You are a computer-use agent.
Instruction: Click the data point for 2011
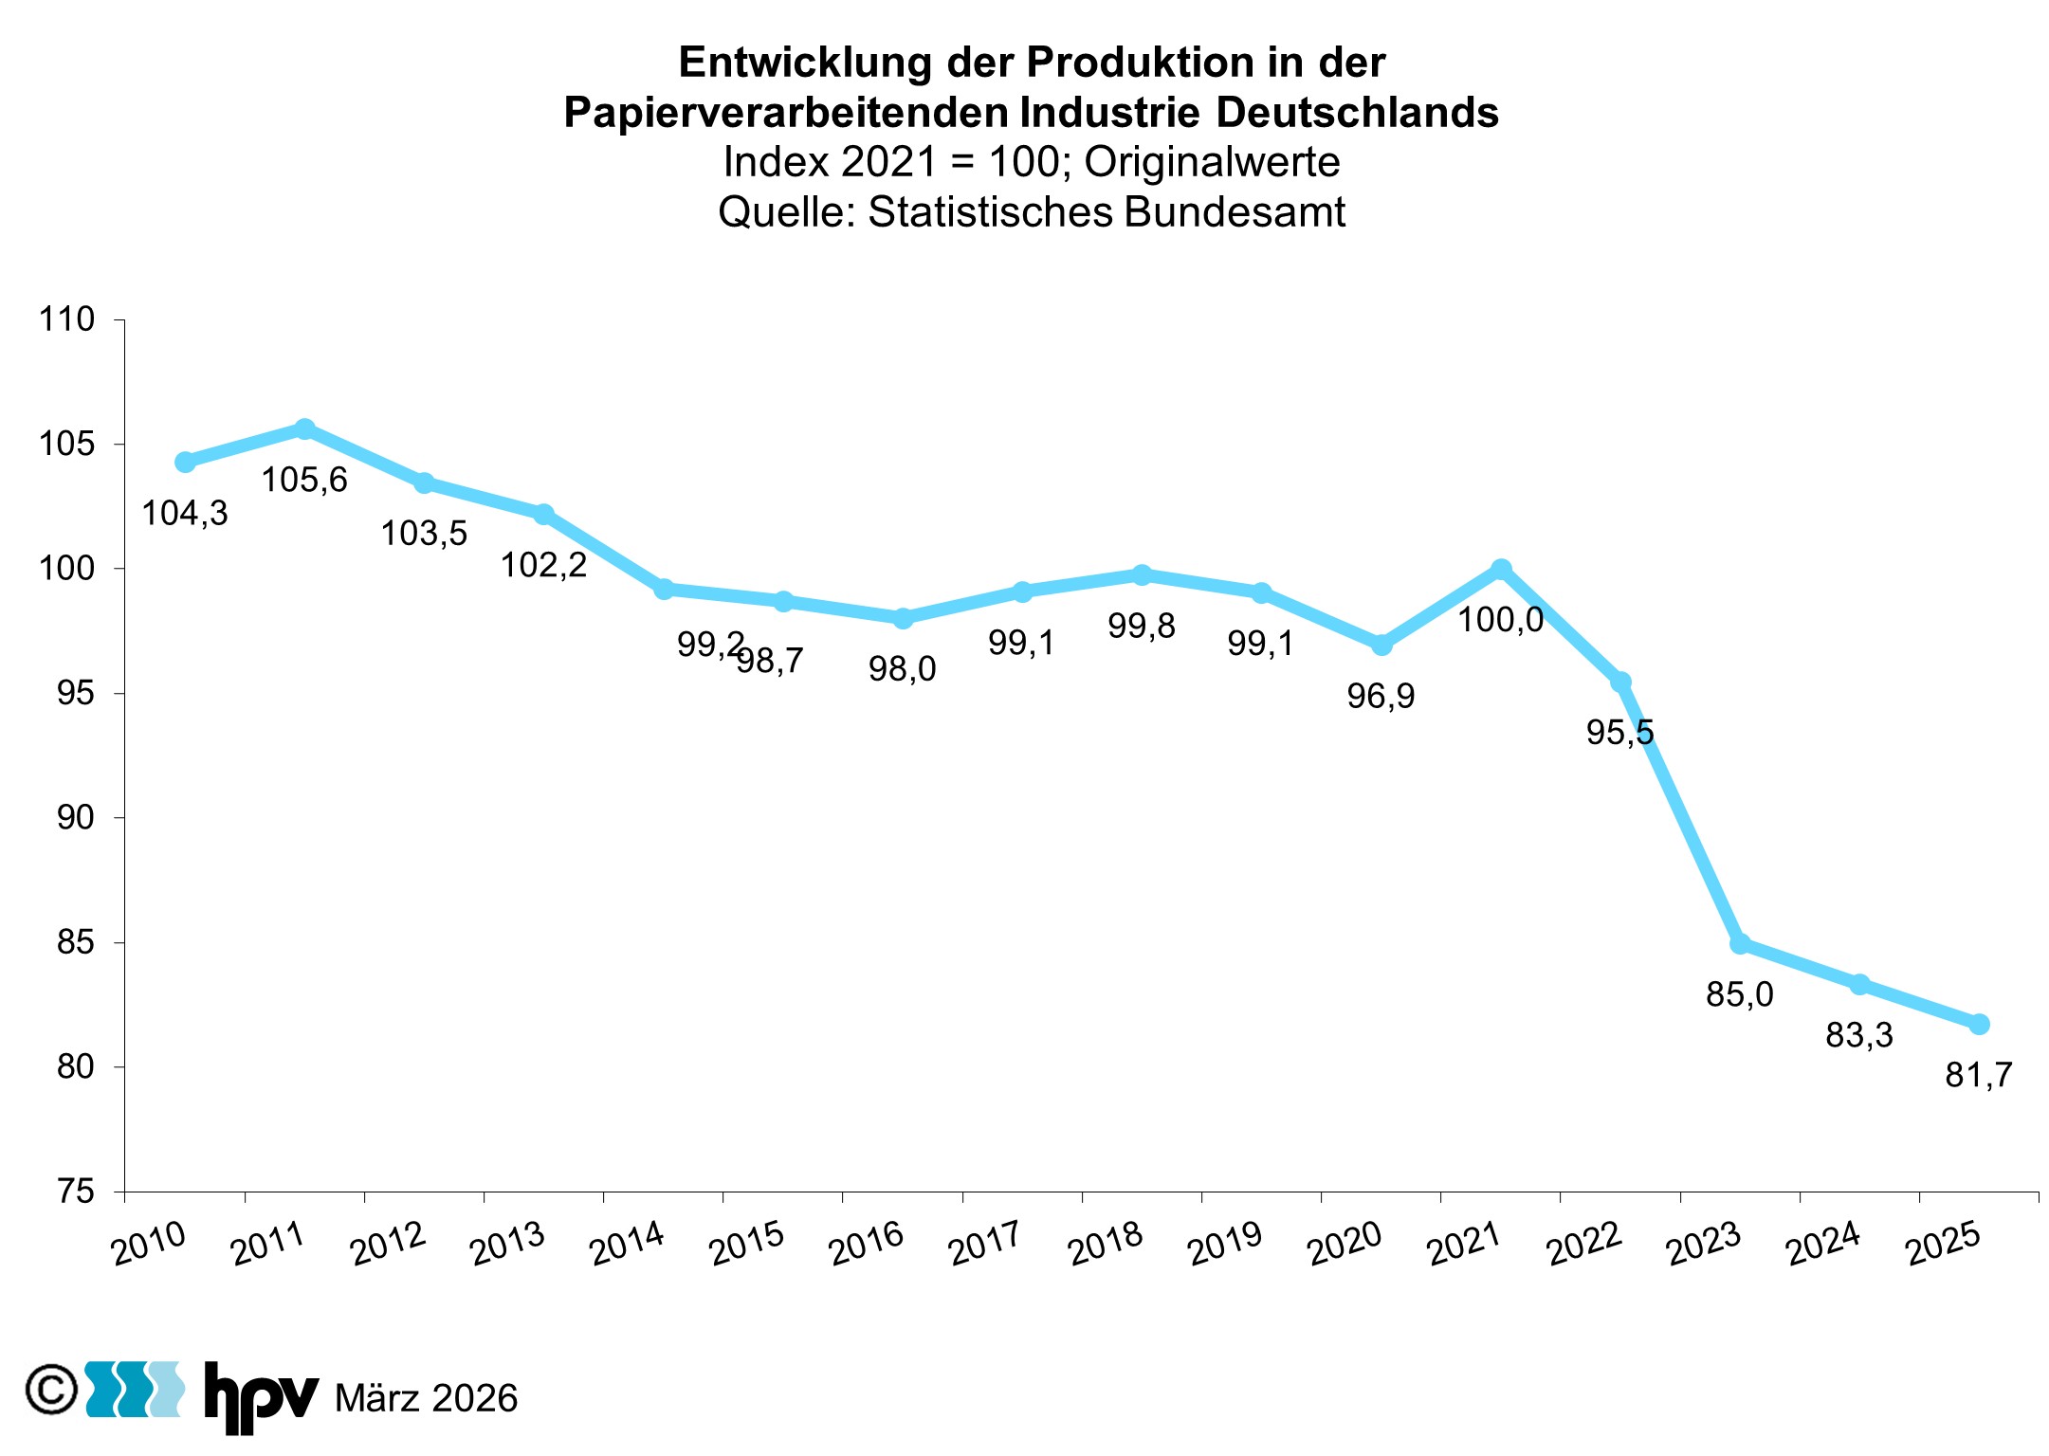304,429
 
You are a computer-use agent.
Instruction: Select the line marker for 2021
1501,569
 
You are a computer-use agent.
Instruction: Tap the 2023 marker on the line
1740,944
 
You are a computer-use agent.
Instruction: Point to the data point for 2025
1979,1024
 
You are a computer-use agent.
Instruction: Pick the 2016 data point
903,618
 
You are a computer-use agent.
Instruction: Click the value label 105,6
304,481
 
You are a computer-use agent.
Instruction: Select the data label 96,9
1381,697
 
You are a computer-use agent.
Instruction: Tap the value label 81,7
1978,1075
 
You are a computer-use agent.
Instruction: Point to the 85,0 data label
1739,994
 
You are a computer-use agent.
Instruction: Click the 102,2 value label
543,566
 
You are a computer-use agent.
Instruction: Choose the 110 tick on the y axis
66,319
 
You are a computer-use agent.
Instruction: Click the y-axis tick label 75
76,1192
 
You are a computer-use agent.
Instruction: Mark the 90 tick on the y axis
76,817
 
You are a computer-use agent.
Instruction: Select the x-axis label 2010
149,1244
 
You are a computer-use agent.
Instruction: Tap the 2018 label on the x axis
1106,1244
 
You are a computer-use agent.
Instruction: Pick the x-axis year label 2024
1823,1244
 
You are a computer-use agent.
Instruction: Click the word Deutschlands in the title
1357,113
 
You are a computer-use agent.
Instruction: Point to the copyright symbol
51,1390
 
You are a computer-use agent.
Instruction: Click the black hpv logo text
261,1395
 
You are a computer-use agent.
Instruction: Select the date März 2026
427,1399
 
